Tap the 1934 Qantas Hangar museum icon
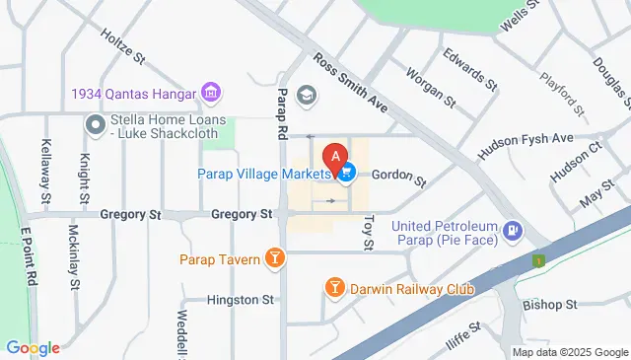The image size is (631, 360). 210,95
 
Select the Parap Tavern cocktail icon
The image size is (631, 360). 275,259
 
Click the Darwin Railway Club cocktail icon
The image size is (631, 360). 335,288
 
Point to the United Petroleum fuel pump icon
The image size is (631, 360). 512,233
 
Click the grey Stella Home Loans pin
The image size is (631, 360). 96,125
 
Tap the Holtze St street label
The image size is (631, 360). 122,46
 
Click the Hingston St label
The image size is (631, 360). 241,299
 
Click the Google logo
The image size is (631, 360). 33,348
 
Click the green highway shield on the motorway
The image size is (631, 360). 538,260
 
